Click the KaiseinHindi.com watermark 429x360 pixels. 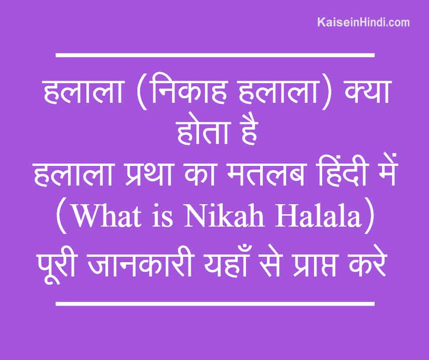pos(363,22)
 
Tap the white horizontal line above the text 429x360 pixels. pos(215,55)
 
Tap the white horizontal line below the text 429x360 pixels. pos(215,303)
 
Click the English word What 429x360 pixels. pos(107,217)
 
